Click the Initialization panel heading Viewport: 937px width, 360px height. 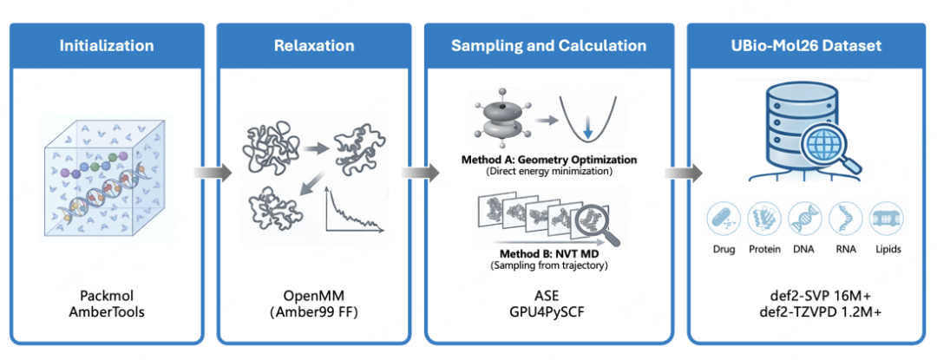click(x=107, y=46)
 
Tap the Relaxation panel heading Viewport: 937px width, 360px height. click(x=314, y=46)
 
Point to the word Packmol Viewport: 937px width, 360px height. click(x=107, y=295)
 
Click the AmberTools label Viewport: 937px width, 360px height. click(x=107, y=311)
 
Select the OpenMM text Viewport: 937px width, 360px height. click(x=314, y=295)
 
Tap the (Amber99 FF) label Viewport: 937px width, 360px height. click(x=314, y=311)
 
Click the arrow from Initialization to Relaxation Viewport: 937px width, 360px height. click(x=210, y=173)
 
